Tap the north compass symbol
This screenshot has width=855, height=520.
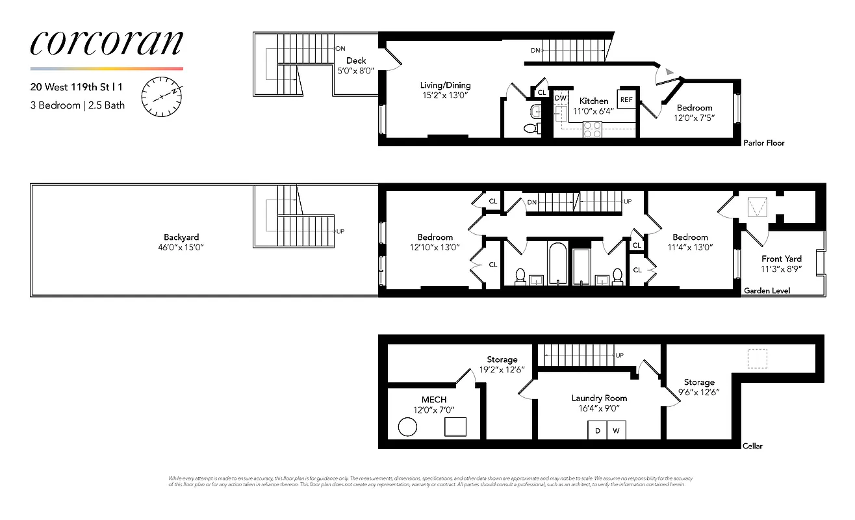point(161,97)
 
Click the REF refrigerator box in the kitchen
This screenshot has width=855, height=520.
point(626,99)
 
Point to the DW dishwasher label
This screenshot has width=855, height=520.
point(560,97)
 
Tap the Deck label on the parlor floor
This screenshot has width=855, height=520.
point(356,60)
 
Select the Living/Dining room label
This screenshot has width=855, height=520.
point(445,85)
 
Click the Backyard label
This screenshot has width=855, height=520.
point(181,237)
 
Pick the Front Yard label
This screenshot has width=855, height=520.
point(782,259)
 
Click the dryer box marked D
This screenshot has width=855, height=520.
point(597,430)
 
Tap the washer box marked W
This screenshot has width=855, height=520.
point(616,430)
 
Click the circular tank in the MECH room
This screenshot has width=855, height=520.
point(407,427)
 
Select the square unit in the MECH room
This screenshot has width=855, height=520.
point(455,427)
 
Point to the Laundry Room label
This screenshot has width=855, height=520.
point(599,398)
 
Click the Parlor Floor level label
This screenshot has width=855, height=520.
point(763,143)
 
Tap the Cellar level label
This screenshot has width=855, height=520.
point(752,446)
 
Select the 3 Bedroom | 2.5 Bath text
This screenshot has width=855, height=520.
point(77,105)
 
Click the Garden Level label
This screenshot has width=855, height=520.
point(767,291)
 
